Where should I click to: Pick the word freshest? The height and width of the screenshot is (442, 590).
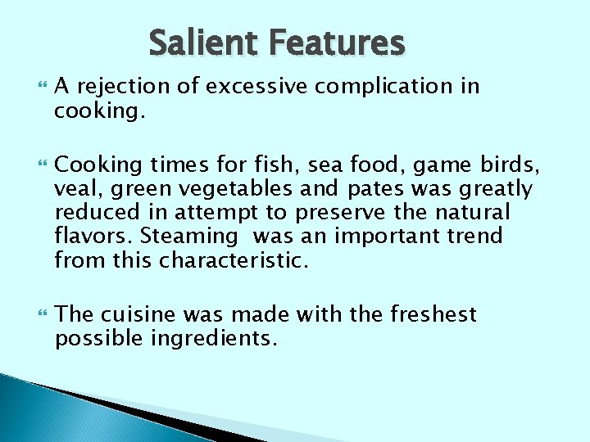click(432, 315)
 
